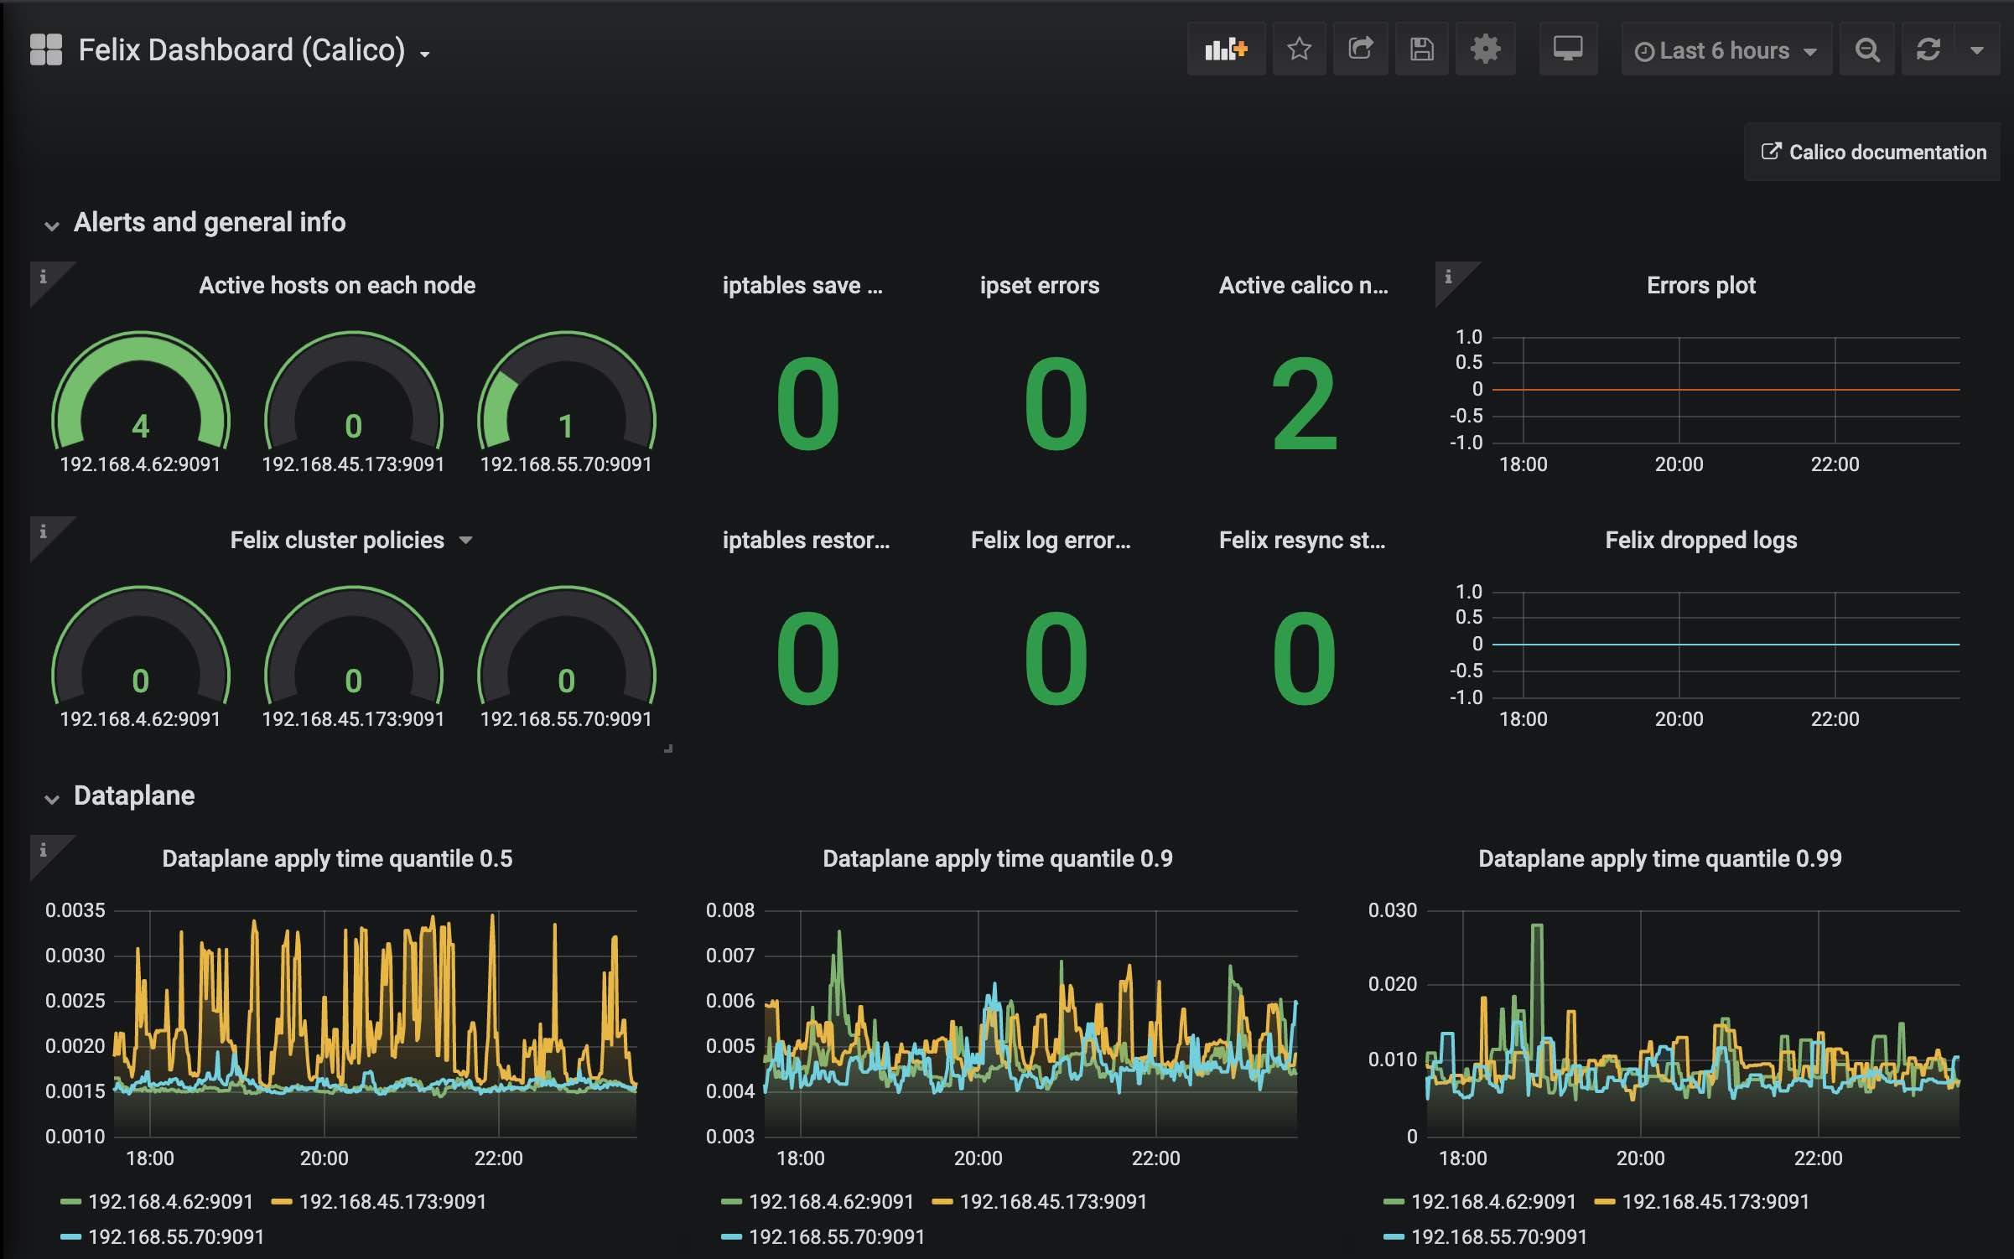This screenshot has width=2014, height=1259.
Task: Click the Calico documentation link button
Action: coord(1873,152)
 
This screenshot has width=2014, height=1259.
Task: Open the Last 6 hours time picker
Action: coord(1724,51)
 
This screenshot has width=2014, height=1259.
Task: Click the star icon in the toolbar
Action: coord(1299,49)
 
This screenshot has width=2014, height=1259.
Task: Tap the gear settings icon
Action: coord(1485,49)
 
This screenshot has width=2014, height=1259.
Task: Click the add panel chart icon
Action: coord(1225,49)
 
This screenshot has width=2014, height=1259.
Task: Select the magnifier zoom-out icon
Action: coord(1866,50)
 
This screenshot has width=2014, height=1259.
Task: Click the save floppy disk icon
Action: coord(1421,49)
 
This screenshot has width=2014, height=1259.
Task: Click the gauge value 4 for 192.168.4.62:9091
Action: coord(141,426)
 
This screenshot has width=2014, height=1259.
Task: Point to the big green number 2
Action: coord(1303,404)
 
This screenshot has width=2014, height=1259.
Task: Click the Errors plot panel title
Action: coord(1700,286)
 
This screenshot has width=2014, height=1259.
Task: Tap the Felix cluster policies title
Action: coord(337,541)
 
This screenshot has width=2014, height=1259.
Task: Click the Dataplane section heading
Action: coord(134,795)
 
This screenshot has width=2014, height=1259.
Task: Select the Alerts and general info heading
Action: coord(209,222)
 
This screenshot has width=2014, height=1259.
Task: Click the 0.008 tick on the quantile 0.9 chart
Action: coord(729,910)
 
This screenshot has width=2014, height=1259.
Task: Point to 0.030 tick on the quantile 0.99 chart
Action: coord(1392,910)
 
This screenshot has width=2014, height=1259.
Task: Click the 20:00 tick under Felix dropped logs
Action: coord(1679,719)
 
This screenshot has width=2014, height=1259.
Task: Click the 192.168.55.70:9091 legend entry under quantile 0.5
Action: coord(175,1237)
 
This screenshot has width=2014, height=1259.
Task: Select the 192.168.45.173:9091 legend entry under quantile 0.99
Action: coord(1715,1202)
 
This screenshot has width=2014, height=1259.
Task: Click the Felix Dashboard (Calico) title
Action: coord(241,50)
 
